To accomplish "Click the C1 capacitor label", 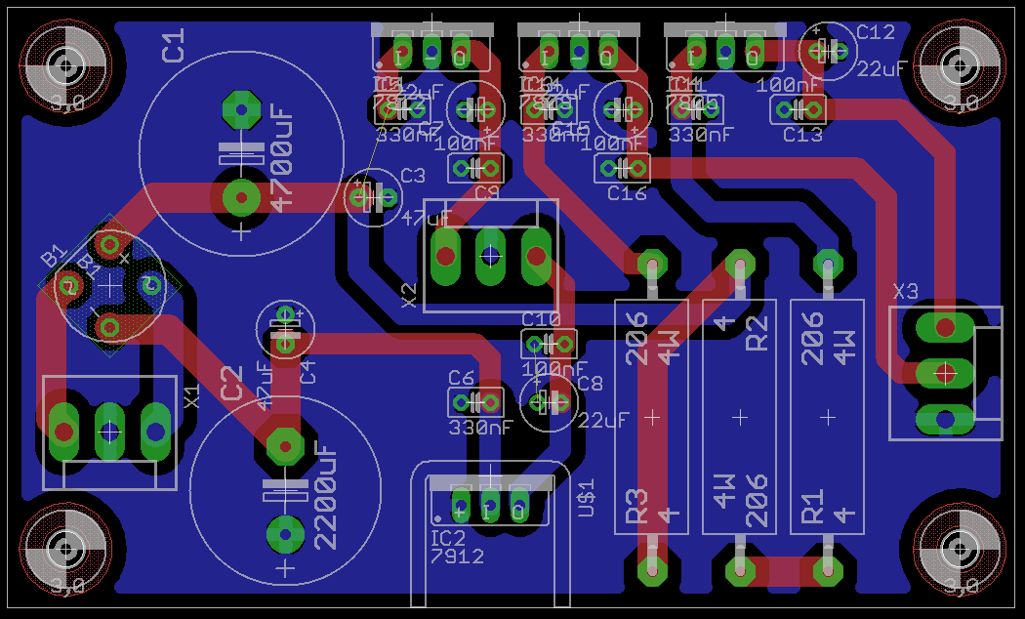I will [x=173, y=46].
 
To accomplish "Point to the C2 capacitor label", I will [x=231, y=383].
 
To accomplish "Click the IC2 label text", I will [x=448, y=538].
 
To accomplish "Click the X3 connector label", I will [x=905, y=291].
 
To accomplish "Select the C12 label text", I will [x=875, y=33].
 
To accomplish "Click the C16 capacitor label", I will [x=627, y=193].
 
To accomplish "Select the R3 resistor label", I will [x=635, y=505].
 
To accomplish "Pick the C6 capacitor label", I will [x=461, y=378].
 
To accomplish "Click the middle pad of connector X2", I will [x=490, y=256].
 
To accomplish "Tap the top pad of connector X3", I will [x=944, y=327].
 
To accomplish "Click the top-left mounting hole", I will [x=64, y=66].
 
